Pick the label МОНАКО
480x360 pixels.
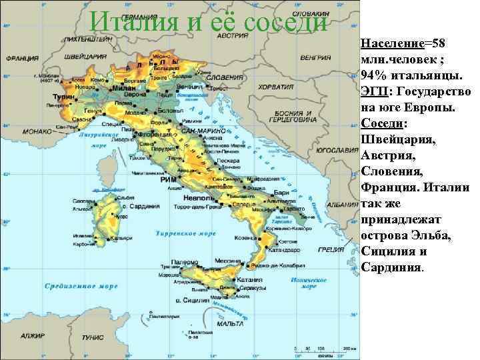[x=23, y=132]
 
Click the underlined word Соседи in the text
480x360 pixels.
[x=381, y=124]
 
